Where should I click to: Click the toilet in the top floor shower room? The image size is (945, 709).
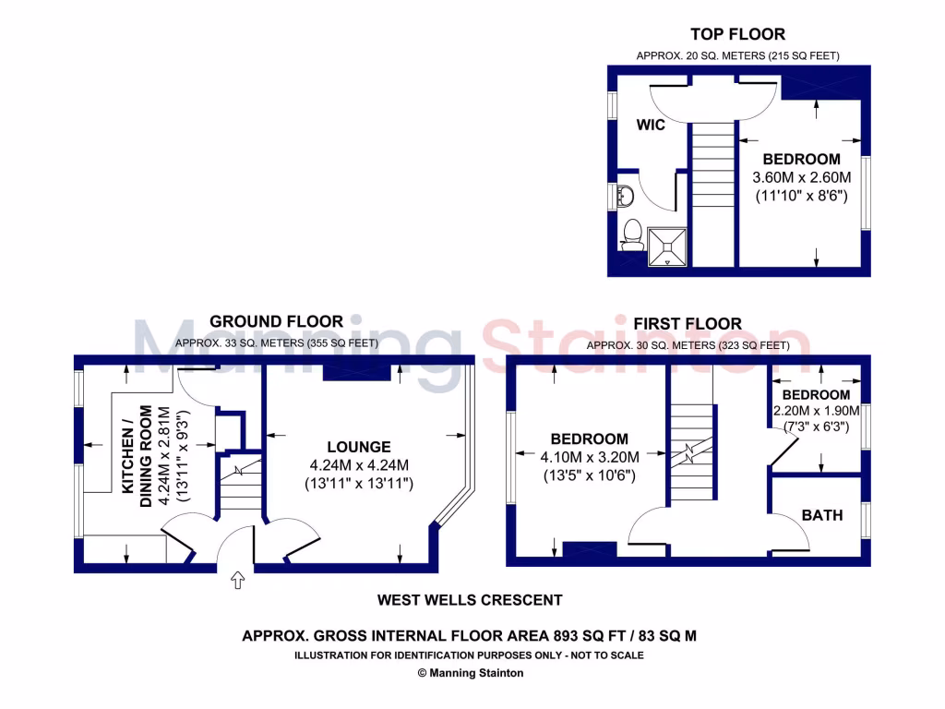[x=633, y=234]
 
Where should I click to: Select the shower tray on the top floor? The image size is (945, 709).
[x=666, y=246]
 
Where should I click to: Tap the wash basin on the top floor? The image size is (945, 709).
[x=625, y=196]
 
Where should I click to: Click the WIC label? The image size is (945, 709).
[x=651, y=126]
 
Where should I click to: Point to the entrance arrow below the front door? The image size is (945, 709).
[x=237, y=580]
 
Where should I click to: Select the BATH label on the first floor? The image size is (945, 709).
[x=821, y=515]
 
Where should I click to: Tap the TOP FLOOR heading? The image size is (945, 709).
[x=737, y=34]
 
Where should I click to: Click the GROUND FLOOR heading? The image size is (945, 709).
[x=276, y=321]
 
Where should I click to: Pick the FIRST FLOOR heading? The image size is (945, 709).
[x=688, y=323]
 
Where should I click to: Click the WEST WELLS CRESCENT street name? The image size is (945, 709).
[x=470, y=600]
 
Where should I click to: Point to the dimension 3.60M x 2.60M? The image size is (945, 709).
[x=801, y=177]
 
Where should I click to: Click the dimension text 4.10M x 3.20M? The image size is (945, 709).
[x=590, y=457]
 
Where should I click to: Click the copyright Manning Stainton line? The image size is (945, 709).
[x=471, y=673]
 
